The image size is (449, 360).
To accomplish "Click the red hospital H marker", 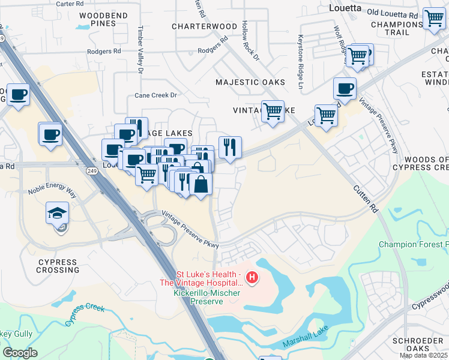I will (x=253, y=278).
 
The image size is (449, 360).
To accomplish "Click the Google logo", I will (x=20, y=353).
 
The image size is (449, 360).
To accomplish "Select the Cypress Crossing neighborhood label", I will (x=58, y=266).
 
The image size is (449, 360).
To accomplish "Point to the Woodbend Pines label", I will (x=95, y=19).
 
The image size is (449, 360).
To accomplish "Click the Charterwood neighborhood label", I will (x=204, y=26).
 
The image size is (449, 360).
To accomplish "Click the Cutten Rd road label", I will (x=366, y=200).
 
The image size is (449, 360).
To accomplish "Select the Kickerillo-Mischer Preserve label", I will (x=206, y=296).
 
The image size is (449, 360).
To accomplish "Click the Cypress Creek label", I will (x=85, y=314).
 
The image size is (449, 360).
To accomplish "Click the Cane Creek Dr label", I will (x=156, y=95).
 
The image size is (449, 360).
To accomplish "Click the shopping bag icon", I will (x=200, y=184).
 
